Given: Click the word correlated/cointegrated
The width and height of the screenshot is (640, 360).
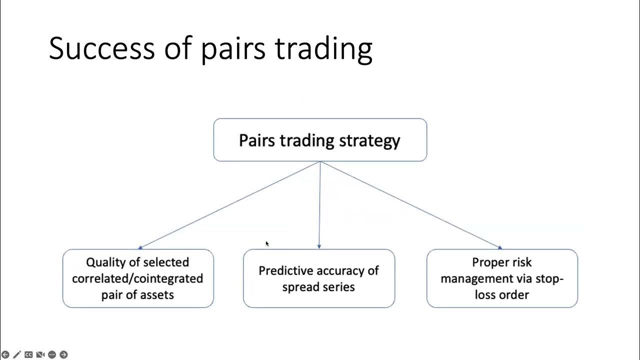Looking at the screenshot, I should (x=137, y=278).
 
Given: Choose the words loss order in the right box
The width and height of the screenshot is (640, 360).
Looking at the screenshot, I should (x=501, y=294).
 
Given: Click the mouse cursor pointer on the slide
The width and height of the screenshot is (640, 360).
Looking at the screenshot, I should (x=267, y=243).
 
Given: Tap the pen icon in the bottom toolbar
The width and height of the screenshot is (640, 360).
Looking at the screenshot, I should (x=17, y=354).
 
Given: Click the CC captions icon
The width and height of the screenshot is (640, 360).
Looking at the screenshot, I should (x=28, y=354).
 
